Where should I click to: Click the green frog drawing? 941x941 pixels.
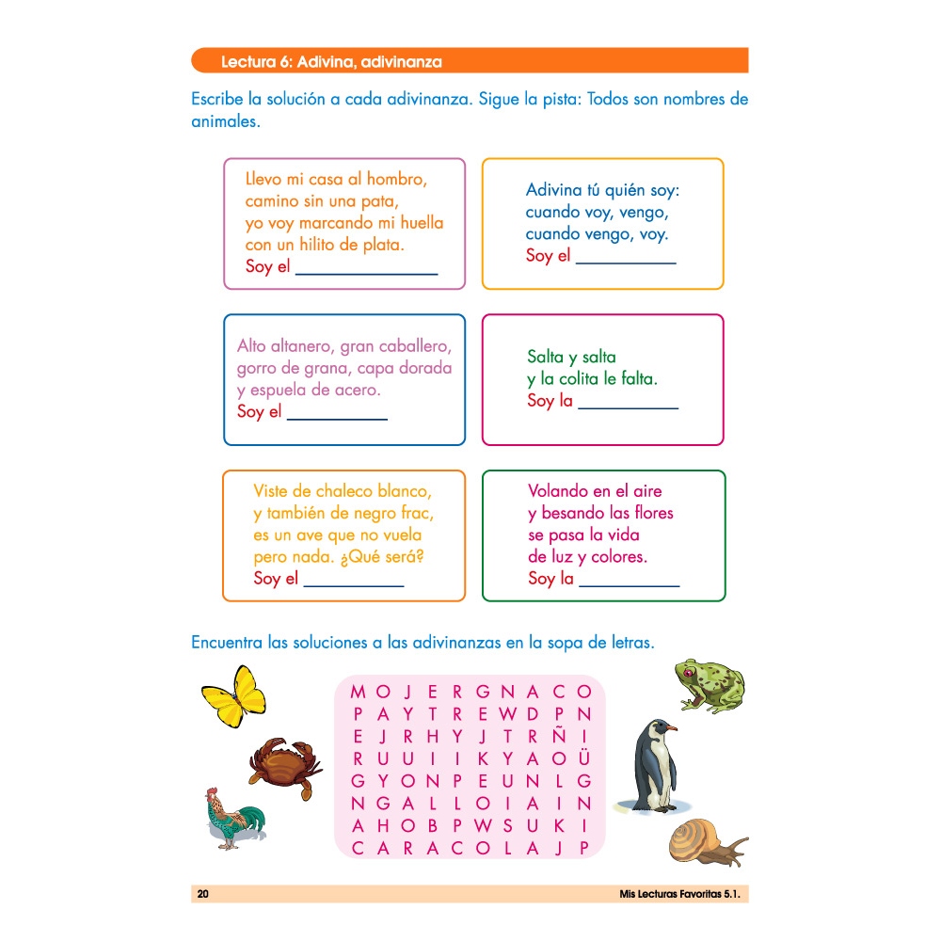(709, 685)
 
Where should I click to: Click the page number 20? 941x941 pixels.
(202, 894)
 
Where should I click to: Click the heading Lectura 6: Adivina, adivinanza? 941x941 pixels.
(330, 63)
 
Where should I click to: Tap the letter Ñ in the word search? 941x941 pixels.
(559, 736)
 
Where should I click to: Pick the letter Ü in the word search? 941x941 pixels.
(584, 758)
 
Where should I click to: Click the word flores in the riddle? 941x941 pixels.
(647, 513)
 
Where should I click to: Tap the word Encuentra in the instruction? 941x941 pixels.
(227, 643)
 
